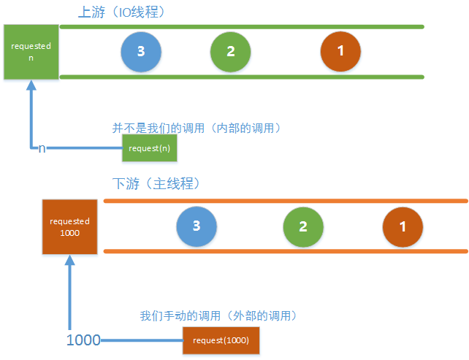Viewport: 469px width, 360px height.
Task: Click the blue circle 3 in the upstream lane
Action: [141, 51]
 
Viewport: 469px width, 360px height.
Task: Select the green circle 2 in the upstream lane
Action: [230, 51]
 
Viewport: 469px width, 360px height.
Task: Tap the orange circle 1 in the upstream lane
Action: [340, 51]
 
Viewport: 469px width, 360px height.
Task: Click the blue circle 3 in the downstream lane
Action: [197, 225]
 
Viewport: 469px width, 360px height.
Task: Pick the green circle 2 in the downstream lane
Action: [303, 226]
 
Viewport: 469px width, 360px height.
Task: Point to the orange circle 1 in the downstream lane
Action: [403, 226]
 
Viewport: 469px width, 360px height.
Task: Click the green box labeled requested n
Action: [31, 51]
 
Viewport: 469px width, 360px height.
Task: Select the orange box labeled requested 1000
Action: [69, 226]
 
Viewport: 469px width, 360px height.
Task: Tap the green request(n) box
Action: [150, 149]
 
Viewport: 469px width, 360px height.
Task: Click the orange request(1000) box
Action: [221, 341]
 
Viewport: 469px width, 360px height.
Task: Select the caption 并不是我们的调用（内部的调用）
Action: [197, 128]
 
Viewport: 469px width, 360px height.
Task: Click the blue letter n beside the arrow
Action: [42, 148]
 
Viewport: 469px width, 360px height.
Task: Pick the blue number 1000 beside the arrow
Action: [83, 340]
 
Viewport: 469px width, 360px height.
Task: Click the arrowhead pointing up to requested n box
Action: [31, 85]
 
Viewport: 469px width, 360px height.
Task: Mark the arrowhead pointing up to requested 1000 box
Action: [70, 261]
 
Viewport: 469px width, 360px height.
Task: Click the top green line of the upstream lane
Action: [241, 27]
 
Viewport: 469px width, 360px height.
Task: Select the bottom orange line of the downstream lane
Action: [285, 251]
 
